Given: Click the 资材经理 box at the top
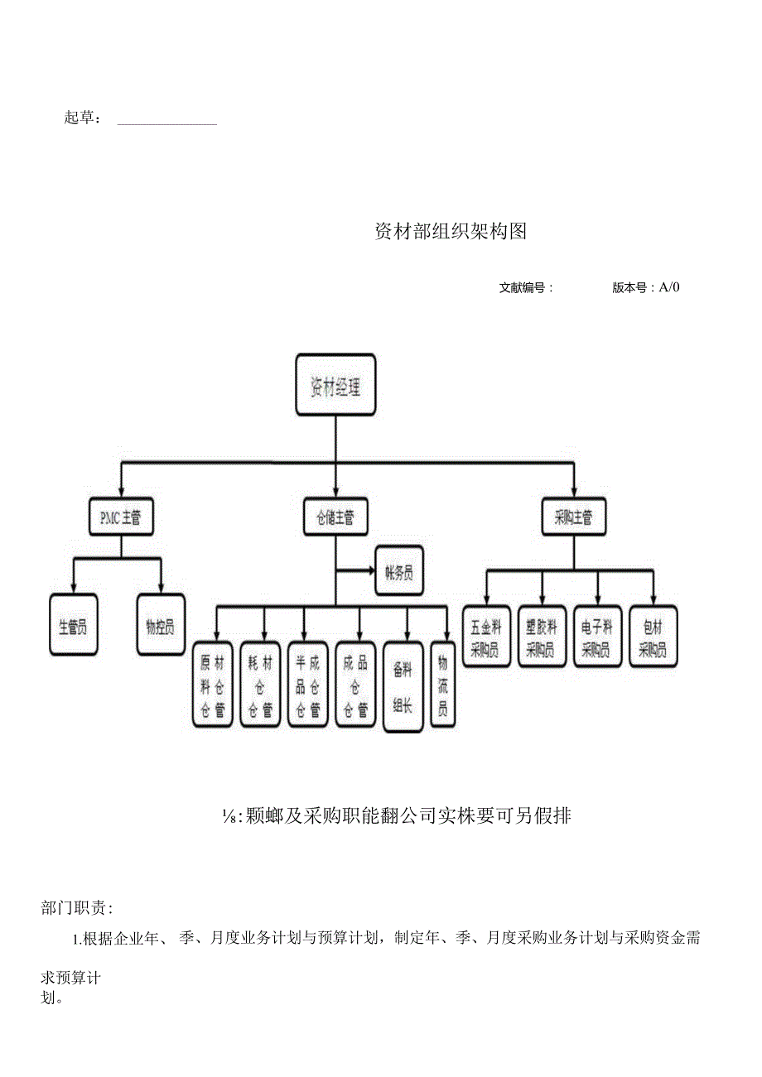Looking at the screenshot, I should (x=335, y=385).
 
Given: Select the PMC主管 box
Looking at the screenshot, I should (x=121, y=518).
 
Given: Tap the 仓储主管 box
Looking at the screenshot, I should (x=335, y=518).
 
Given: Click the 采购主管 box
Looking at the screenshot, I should (x=573, y=518).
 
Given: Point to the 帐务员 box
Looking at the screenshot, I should (x=399, y=571).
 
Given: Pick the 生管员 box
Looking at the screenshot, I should (x=73, y=625).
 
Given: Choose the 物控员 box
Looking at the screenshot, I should (x=161, y=625).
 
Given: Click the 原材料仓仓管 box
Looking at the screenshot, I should (x=213, y=685).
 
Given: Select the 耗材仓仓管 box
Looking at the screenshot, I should (x=260, y=685).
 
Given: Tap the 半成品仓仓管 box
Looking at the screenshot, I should (x=307, y=685).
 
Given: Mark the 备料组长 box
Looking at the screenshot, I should (x=403, y=686).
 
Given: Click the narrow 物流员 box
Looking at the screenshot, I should (x=443, y=685).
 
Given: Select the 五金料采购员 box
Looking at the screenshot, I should (x=486, y=637).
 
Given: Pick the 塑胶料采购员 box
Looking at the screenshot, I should (x=542, y=637).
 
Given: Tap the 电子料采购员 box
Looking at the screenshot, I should (x=597, y=637).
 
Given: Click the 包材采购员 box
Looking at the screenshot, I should (x=653, y=637).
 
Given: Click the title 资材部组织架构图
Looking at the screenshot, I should (x=451, y=232).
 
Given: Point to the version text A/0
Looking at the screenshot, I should (x=669, y=287).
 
